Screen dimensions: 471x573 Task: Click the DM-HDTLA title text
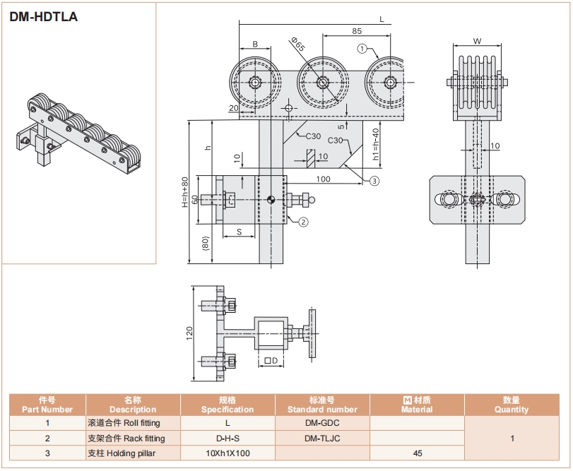[43, 16]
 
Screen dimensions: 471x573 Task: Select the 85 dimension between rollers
[357, 31]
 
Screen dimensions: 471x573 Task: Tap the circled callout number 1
[362, 49]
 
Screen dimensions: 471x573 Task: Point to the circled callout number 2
[302, 222]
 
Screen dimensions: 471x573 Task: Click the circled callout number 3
[374, 181]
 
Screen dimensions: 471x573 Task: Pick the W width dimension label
[477, 41]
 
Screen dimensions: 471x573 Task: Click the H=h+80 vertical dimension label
[186, 191]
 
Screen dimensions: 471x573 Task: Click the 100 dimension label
[324, 179]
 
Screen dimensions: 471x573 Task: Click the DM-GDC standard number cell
[321, 423]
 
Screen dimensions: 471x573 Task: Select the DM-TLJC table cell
[321, 438]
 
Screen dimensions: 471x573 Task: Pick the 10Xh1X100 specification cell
[227, 453]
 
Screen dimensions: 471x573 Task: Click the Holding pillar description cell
[122, 453]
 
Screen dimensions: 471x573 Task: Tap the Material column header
[417, 405]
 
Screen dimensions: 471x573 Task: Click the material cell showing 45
[417, 453]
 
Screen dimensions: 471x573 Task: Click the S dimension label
[240, 231]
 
